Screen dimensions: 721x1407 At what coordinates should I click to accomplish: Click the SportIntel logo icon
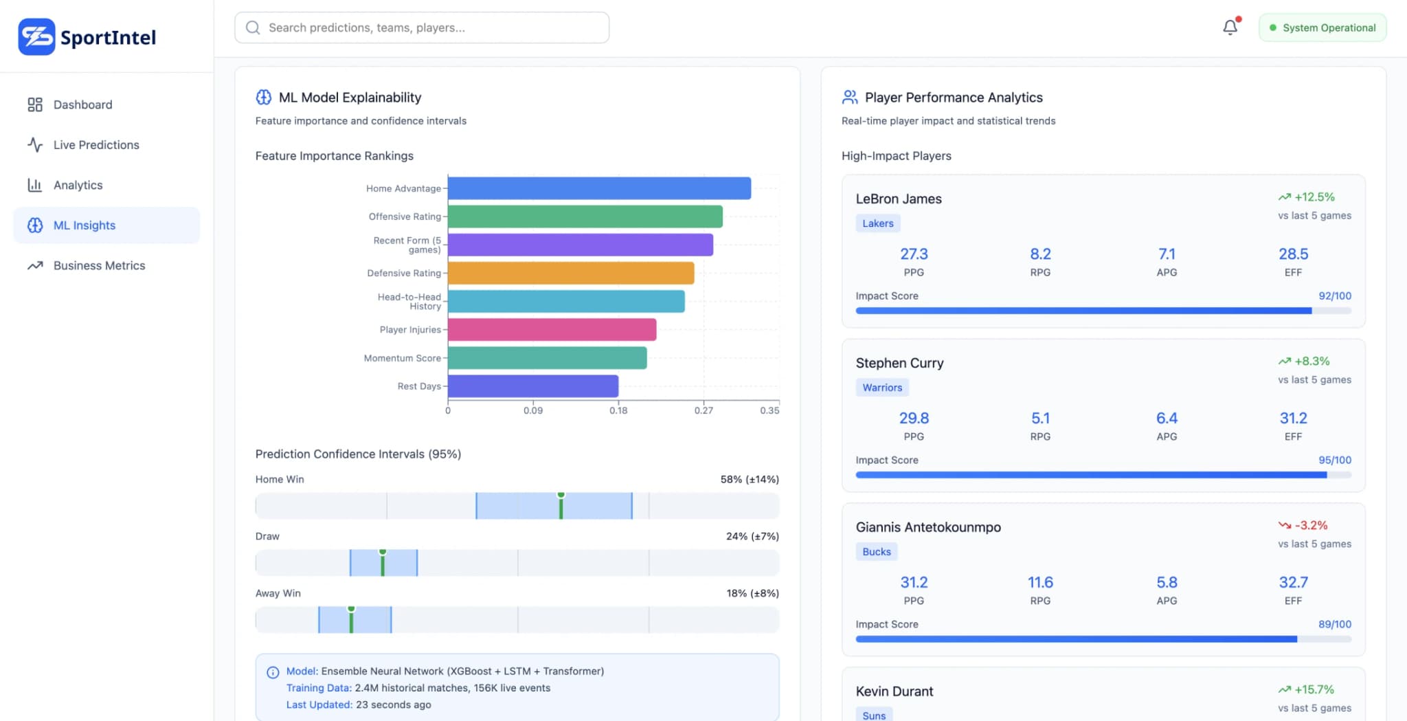coord(36,37)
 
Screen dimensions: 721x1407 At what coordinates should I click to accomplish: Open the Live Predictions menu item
coord(95,145)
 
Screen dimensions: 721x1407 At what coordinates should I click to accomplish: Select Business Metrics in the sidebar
coord(99,266)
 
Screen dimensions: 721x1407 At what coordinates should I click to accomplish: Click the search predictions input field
coord(422,28)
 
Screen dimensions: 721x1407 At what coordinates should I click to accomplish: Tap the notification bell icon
coord(1230,27)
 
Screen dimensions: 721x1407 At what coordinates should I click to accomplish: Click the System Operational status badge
coord(1322,28)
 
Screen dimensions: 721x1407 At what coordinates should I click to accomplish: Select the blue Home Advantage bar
coord(598,188)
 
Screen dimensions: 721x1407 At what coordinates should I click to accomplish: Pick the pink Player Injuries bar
coord(552,330)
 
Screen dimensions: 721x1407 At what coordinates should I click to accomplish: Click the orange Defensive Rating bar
coord(570,273)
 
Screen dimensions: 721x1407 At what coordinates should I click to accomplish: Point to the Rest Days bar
coord(532,386)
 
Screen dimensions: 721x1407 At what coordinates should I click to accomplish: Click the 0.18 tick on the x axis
coord(618,410)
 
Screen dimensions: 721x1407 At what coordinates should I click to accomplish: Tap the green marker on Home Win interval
coord(561,505)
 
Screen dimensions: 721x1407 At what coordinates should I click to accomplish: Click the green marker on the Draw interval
coord(383,562)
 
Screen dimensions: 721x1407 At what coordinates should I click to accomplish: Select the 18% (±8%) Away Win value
coord(752,593)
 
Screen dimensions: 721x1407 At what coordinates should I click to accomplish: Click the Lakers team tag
coord(877,223)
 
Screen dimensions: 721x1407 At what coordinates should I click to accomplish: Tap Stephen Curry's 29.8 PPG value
coord(913,419)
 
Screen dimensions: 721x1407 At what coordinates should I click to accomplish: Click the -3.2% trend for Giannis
coord(1310,526)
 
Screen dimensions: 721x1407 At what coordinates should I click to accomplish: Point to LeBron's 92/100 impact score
coord(1334,296)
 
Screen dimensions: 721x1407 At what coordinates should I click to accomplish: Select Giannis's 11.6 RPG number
coord(1039,583)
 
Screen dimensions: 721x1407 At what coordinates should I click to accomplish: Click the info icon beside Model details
coord(273,672)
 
